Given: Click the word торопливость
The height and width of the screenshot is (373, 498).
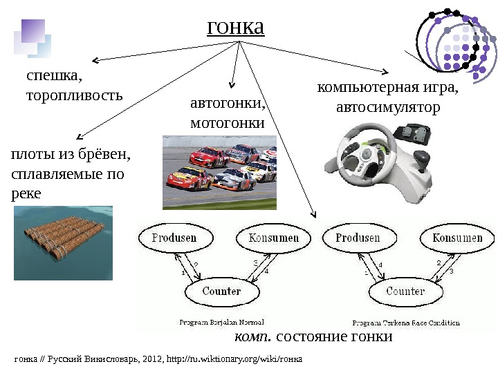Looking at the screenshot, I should click(74, 95).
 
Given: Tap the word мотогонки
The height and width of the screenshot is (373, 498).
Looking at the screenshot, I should click(227, 123).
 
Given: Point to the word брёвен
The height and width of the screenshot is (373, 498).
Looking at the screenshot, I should click(105, 155).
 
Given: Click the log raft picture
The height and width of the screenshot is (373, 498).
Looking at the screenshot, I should click(63, 242).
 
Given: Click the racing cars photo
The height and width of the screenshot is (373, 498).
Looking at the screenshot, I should click(219, 172).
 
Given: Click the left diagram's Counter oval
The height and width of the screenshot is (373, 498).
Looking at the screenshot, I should click(221, 291).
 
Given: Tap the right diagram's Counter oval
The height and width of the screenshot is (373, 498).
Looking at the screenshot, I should click(405, 291).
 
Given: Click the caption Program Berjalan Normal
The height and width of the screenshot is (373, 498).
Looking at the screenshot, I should click(217, 322).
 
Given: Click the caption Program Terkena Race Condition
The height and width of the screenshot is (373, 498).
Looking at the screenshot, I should click(406, 323).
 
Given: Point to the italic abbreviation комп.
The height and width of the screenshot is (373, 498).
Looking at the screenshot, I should click(252, 337).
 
